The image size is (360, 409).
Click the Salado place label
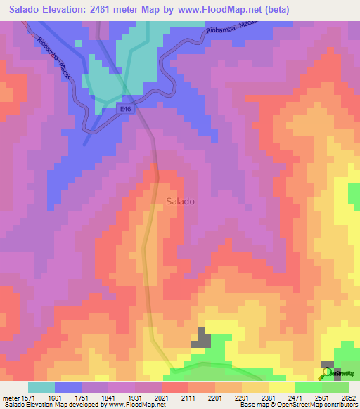[x=181, y=201]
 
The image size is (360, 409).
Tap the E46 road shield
[x=125, y=109]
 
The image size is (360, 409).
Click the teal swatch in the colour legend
[x=41, y=387]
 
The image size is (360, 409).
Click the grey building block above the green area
[x=201, y=339]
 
